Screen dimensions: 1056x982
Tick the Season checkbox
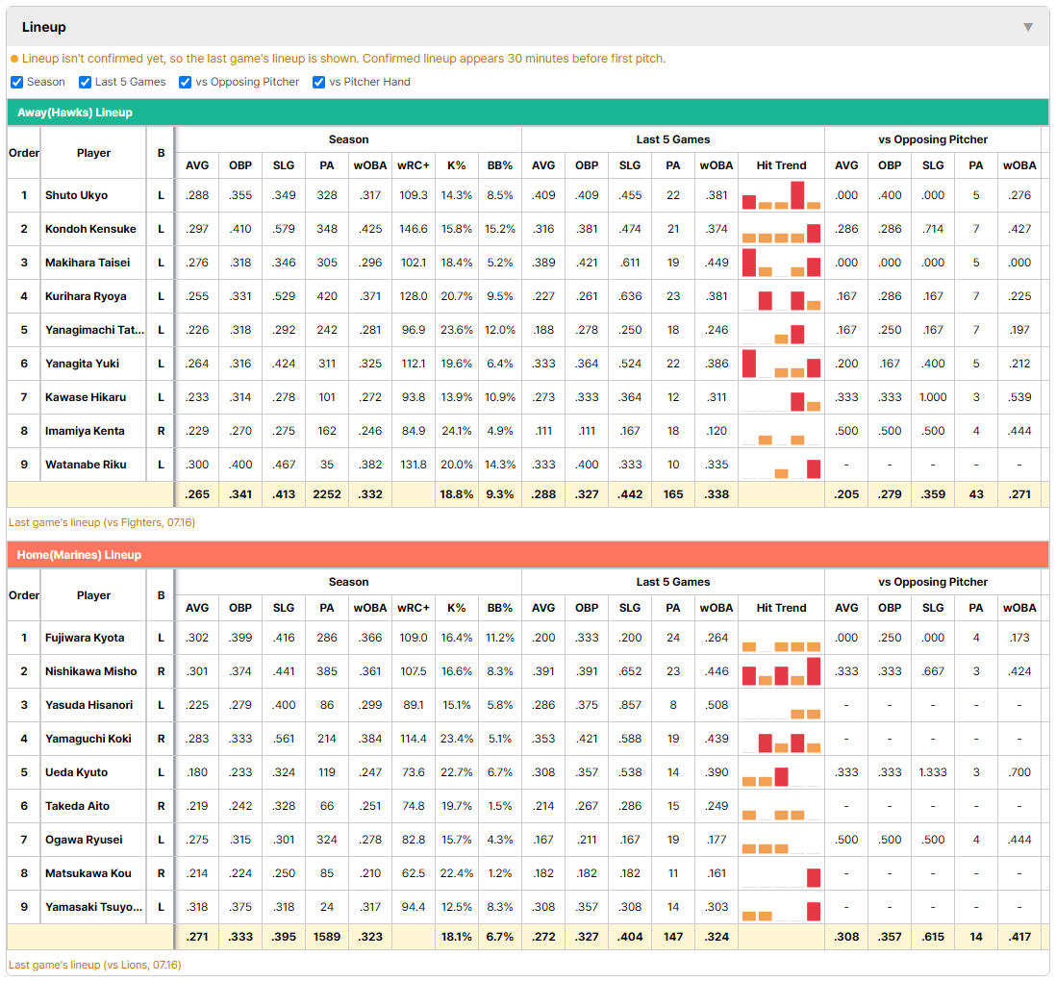17,82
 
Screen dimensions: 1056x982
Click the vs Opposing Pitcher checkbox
185,82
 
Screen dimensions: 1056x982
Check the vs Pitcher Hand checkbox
318,82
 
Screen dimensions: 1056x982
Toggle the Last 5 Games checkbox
85,82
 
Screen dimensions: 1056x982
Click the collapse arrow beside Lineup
1028,27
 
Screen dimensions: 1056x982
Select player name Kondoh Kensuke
90,229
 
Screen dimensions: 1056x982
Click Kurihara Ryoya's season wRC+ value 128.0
414,296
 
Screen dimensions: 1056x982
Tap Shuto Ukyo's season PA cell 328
327,195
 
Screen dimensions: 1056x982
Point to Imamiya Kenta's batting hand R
161,431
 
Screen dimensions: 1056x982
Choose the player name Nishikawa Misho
91,671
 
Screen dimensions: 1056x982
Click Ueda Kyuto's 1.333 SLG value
933,772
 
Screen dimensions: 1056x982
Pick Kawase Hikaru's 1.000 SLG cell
933,397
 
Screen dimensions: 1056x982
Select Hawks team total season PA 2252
327,494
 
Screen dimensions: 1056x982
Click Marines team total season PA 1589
327,937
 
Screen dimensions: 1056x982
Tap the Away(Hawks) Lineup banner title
75,113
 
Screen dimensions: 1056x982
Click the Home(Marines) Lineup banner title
79,555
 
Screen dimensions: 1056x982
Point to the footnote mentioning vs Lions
95,965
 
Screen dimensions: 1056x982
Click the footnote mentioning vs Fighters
102,522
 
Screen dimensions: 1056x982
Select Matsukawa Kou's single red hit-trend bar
814,877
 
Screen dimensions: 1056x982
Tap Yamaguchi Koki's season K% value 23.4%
457,739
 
